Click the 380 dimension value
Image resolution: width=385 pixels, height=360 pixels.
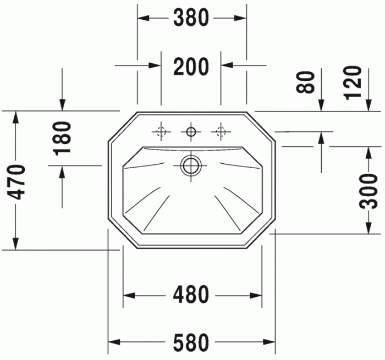[191, 18]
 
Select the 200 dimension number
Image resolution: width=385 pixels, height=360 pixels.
[191, 67]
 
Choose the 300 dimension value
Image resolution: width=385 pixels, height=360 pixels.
[370, 190]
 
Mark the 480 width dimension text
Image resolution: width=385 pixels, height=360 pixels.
[191, 295]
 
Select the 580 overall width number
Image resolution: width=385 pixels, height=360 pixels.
[191, 343]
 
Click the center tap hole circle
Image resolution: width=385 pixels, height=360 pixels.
[191, 131]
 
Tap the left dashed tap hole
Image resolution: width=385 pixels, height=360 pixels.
[161, 131]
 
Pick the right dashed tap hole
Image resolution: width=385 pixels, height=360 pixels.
[221, 131]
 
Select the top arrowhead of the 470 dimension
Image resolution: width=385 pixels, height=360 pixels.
[16, 117]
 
